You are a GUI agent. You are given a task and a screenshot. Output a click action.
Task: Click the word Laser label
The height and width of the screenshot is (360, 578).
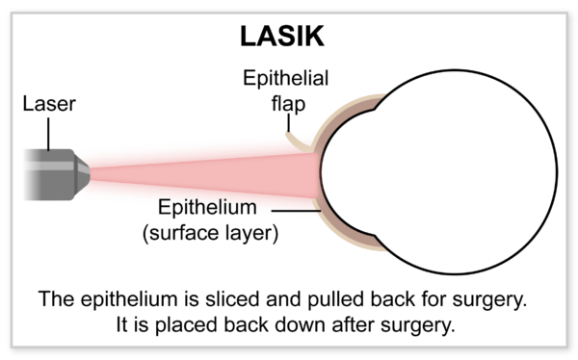coord(47,102)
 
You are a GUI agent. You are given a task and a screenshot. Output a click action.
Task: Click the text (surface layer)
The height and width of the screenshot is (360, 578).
coord(209,233)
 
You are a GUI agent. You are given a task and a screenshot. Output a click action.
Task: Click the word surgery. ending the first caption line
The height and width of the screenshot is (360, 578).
coord(495,299)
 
